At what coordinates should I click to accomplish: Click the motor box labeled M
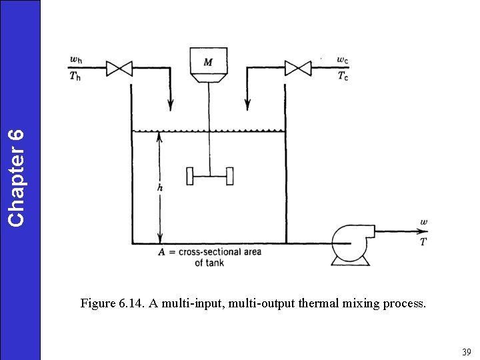[x=209, y=62]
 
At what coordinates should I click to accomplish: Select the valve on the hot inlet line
[x=121, y=68]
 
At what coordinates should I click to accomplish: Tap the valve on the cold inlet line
[x=298, y=68]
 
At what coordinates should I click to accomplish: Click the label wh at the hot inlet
[x=77, y=60]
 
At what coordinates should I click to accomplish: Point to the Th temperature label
[x=77, y=75]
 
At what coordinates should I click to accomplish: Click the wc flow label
[x=342, y=60]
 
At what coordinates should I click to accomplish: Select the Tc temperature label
[x=342, y=75]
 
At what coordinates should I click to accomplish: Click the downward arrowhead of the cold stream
[x=247, y=105]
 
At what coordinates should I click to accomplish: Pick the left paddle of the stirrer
[x=190, y=176]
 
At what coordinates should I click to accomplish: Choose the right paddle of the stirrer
[x=230, y=176]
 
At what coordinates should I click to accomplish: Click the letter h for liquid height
[x=159, y=189]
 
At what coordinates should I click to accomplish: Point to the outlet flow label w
[x=424, y=222]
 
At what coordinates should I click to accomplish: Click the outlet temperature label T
[x=424, y=241]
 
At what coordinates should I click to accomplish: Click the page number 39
[x=467, y=351]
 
